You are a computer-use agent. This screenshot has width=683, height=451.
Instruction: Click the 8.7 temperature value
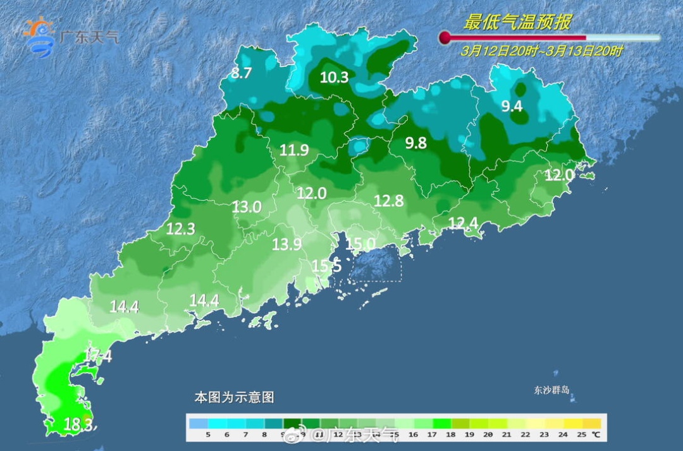(241, 73)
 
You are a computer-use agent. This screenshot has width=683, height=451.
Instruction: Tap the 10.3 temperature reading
(334, 78)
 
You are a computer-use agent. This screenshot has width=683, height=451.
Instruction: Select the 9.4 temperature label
(512, 106)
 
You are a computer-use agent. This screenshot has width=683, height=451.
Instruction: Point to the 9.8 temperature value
(415, 143)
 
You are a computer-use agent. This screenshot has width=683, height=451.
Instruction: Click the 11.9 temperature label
(294, 150)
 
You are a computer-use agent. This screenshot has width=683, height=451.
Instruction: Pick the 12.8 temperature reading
(388, 201)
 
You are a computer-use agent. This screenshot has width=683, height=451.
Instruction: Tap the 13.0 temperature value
(246, 206)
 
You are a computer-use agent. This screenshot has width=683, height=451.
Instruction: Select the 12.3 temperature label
(180, 230)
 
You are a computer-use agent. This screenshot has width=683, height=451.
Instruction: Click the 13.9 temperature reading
(286, 244)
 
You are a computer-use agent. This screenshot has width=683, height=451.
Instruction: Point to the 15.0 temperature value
(360, 243)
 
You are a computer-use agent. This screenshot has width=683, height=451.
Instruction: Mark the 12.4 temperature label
(464, 222)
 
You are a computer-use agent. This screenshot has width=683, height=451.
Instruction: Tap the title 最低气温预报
(517, 23)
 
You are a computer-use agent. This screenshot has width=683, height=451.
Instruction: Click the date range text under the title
(541, 51)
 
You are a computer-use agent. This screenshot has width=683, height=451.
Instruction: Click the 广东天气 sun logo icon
(39, 37)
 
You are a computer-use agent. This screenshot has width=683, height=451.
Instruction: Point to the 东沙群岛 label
(552, 390)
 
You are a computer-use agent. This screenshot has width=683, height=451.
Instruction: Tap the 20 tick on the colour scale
(488, 435)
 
